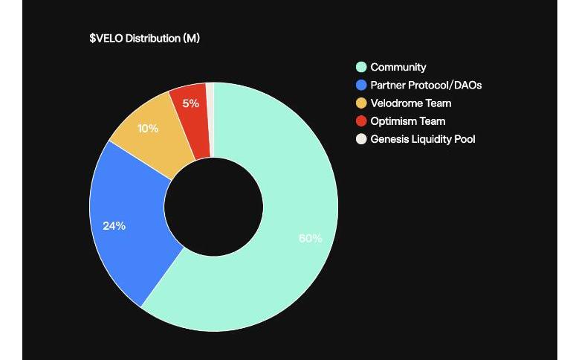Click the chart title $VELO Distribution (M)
tap(144, 38)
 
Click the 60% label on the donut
tap(310, 238)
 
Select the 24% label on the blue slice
tap(114, 225)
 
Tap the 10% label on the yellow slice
tap(148, 128)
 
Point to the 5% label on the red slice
tap(190, 103)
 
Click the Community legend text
tap(398, 67)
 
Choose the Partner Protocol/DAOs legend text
tap(426, 85)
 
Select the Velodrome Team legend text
tap(410, 103)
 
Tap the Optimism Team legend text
tap(407, 120)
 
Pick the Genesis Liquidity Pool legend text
tap(422, 138)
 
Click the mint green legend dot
tap(361, 67)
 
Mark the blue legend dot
tap(361, 85)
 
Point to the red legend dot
tap(361, 120)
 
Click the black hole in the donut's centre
tap(213, 207)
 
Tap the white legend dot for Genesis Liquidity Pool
tap(361, 138)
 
